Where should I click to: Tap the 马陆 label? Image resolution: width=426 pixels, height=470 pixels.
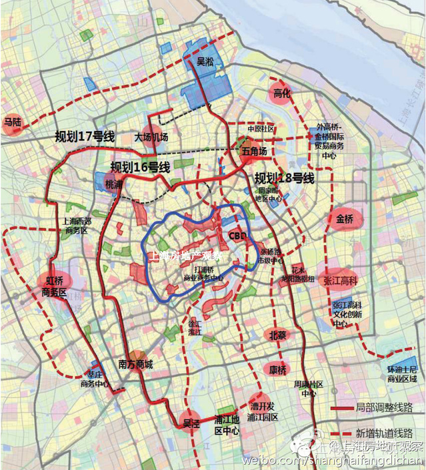tap(13, 122)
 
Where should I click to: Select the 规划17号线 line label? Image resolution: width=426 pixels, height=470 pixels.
tap(85, 136)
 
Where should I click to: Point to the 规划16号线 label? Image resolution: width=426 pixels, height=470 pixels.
tap(140, 166)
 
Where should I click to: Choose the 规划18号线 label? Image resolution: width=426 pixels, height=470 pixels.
tap(284, 178)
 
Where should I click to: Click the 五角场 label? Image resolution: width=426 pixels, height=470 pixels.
tap(253, 152)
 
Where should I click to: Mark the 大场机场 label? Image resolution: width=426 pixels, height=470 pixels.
tap(151, 137)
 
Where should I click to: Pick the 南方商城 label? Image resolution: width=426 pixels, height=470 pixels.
tap(135, 364)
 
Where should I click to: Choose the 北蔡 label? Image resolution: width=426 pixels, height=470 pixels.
tap(277, 335)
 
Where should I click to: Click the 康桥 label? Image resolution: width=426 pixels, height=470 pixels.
tap(277, 369)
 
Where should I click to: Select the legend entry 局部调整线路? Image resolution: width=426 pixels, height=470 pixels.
tap(380, 406)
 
